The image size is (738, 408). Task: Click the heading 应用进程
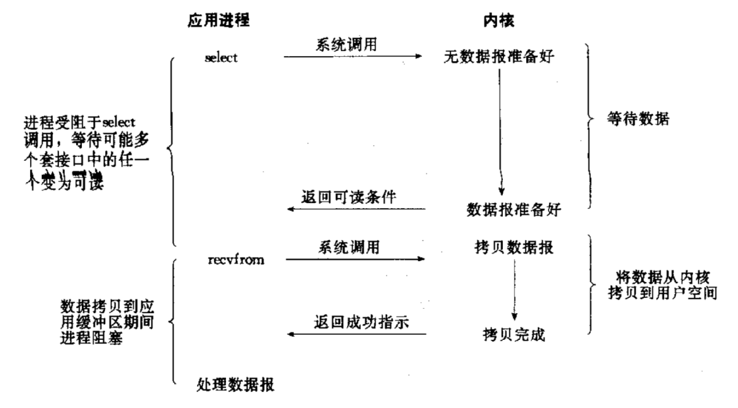(219, 20)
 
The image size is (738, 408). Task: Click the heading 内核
(499, 20)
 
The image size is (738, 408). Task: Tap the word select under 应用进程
(221, 58)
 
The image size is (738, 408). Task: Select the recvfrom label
(236, 260)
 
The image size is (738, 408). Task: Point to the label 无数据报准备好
(499, 57)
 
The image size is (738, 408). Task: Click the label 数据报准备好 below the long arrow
(514, 209)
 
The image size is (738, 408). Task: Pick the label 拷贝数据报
(514, 247)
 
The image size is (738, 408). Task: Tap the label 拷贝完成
(514, 335)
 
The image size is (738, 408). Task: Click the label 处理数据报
(236, 384)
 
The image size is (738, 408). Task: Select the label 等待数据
(638, 119)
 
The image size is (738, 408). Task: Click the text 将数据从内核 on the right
(663, 277)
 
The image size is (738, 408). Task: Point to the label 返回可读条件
(349, 197)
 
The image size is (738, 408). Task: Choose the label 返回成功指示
(361, 322)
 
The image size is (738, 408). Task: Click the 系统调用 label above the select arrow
(346, 44)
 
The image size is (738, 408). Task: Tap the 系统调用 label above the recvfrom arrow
(349, 247)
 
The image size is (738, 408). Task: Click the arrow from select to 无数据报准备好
(353, 57)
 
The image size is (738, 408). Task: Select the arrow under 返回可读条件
(356, 209)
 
